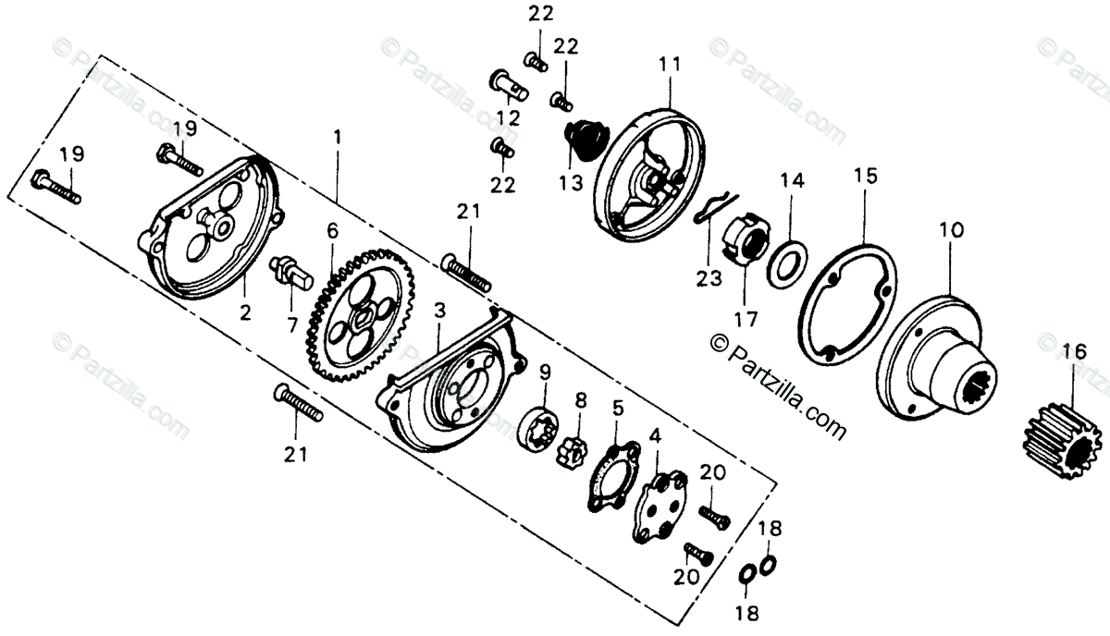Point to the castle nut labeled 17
[x=745, y=238]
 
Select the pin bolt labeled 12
[x=507, y=84]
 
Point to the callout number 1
[x=338, y=136]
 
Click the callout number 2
[x=245, y=312]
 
